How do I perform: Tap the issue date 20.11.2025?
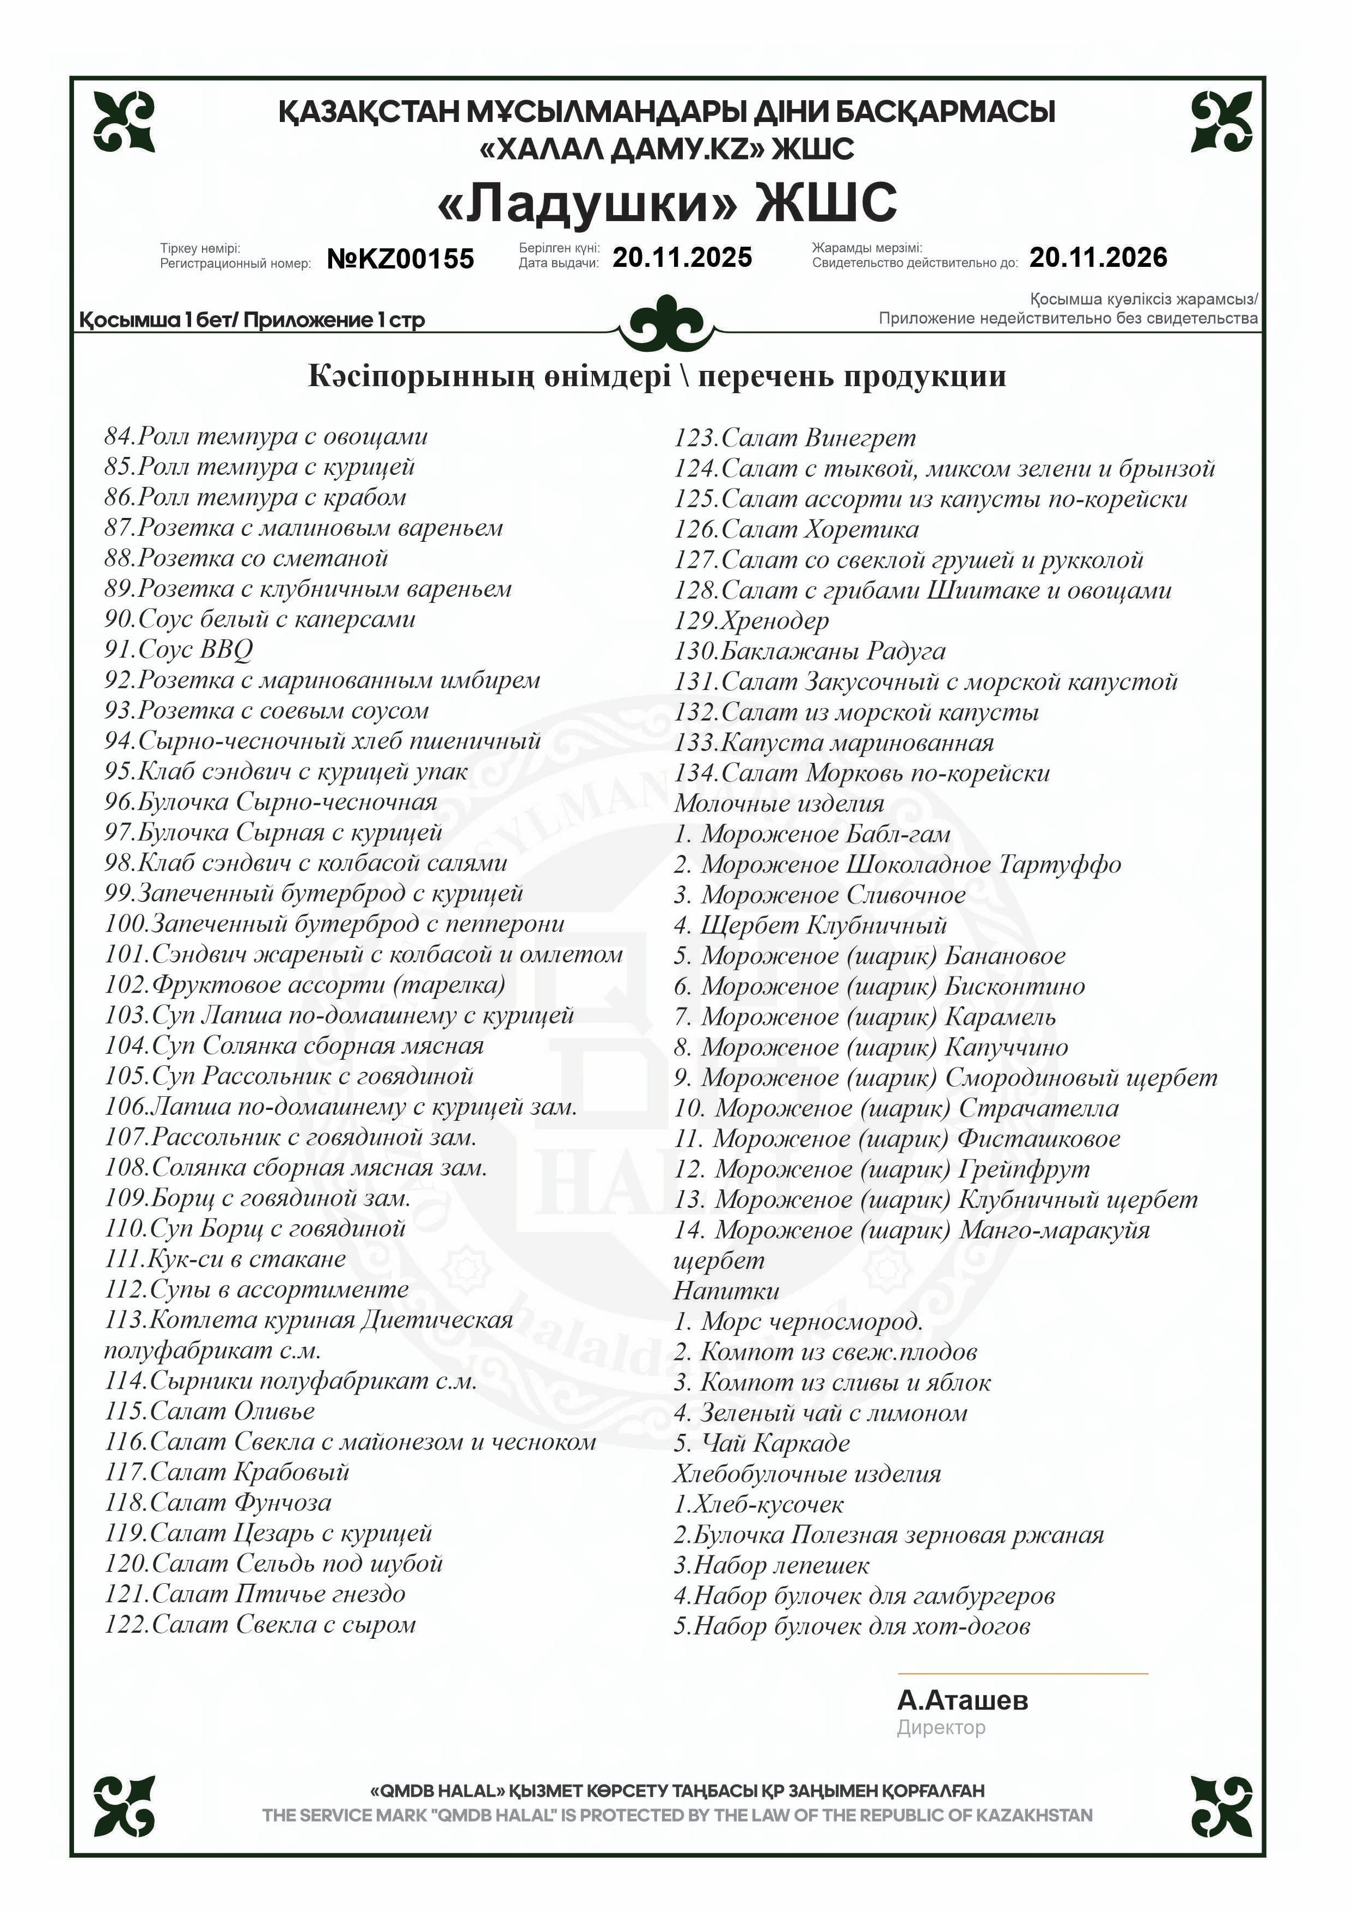pyautogui.click(x=682, y=258)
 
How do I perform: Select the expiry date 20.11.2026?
pyautogui.click(x=1098, y=258)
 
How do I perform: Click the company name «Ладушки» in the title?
pyautogui.click(x=588, y=203)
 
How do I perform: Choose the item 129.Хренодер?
pyautogui.click(x=751, y=621)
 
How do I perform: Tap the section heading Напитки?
pyautogui.click(x=726, y=1291)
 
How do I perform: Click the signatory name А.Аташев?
pyautogui.click(x=962, y=1700)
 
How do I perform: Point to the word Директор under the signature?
pyautogui.click(x=941, y=1727)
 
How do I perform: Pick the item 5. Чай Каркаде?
pyautogui.click(x=762, y=1443)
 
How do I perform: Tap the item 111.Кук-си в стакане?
pyautogui.click(x=225, y=1259)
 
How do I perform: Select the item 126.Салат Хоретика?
pyautogui.click(x=797, y=529)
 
